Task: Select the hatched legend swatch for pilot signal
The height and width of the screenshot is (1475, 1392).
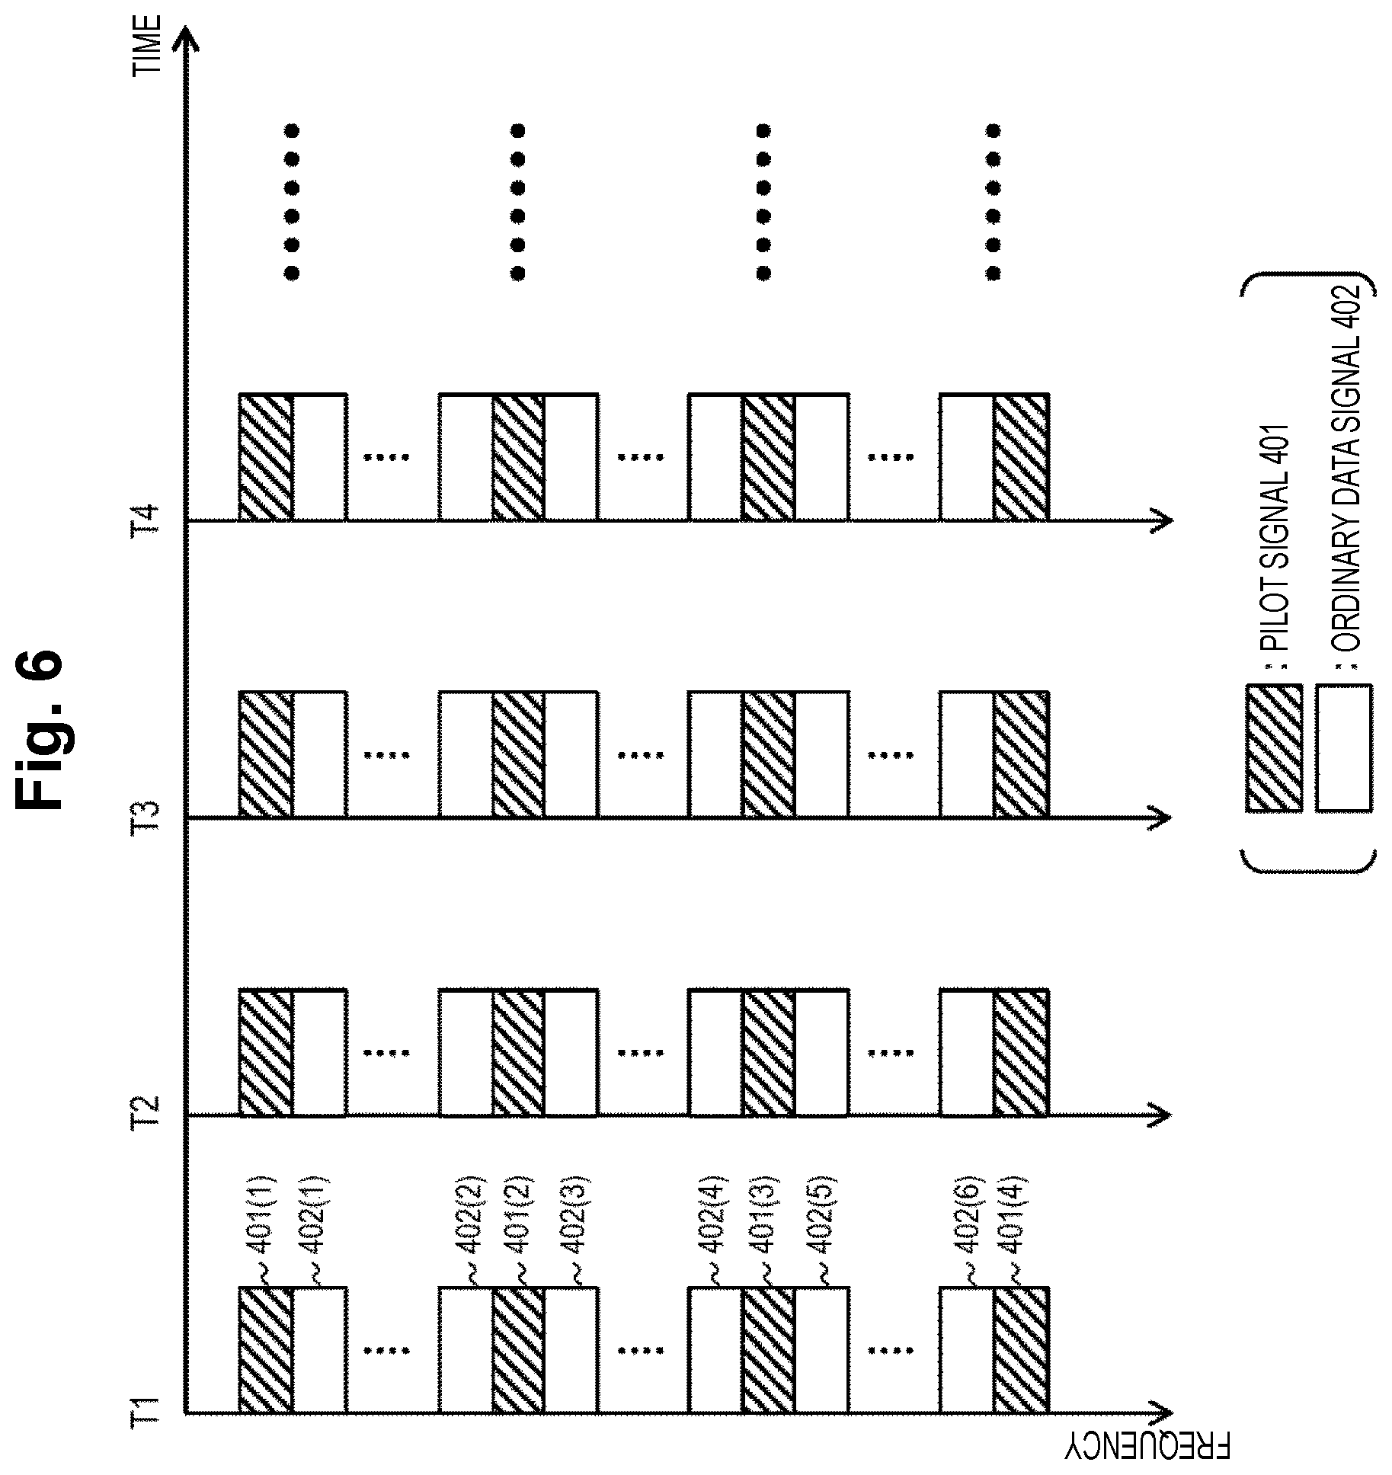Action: [1273, 747]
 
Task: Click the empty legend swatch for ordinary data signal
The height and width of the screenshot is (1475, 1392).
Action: [1343, 747]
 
